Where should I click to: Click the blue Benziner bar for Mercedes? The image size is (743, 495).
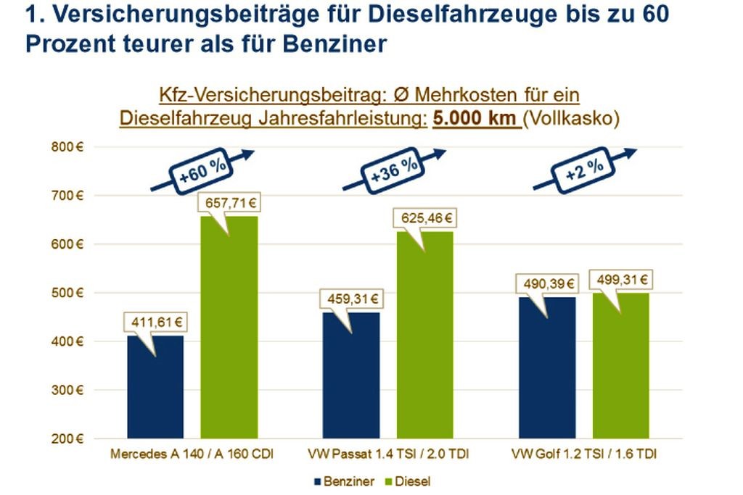pos(155,388)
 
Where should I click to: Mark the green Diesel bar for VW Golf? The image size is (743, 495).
pos(621,366)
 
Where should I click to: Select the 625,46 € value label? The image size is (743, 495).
pos(424,217)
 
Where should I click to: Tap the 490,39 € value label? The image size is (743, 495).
pos(546,284)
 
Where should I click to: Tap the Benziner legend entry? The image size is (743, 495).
pos(345,480)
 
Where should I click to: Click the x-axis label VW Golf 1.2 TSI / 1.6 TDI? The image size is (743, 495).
pos(585,454)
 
